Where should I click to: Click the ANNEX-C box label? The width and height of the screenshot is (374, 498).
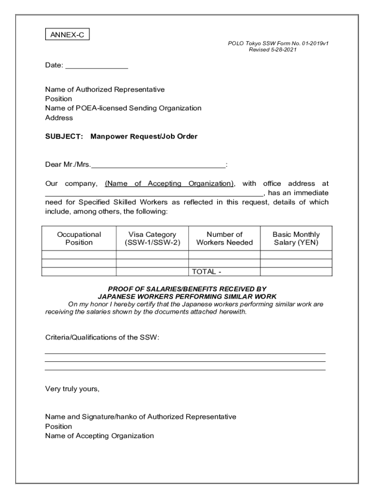[67, 35]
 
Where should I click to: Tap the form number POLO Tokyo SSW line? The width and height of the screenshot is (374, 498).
[281, 44]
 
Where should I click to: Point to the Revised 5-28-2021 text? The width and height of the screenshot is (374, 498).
[272, 50]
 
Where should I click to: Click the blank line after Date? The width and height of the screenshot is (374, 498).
[97, 66]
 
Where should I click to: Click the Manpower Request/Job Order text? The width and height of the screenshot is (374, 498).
[144, 137]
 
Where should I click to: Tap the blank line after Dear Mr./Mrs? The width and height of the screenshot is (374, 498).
[159, 165]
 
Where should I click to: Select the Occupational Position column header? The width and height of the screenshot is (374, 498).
[79, 238]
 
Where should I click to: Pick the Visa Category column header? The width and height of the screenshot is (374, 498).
[152, 238]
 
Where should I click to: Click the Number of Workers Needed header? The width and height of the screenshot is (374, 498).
[224, 238]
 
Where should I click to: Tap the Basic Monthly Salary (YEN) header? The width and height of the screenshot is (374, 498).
[296, 238]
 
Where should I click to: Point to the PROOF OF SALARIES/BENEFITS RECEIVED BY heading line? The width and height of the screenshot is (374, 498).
[187, 289]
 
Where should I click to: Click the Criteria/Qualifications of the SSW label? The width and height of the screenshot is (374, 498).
[102, 338]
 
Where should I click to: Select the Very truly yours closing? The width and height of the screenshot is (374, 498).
[72, 389]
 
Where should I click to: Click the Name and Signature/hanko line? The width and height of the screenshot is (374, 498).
[141, 417]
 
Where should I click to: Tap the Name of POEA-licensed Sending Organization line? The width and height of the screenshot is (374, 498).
[123, 108]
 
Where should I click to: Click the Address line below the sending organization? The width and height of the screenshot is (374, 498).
[59, 118]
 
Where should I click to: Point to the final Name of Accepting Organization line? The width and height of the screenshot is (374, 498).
[100, 436]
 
